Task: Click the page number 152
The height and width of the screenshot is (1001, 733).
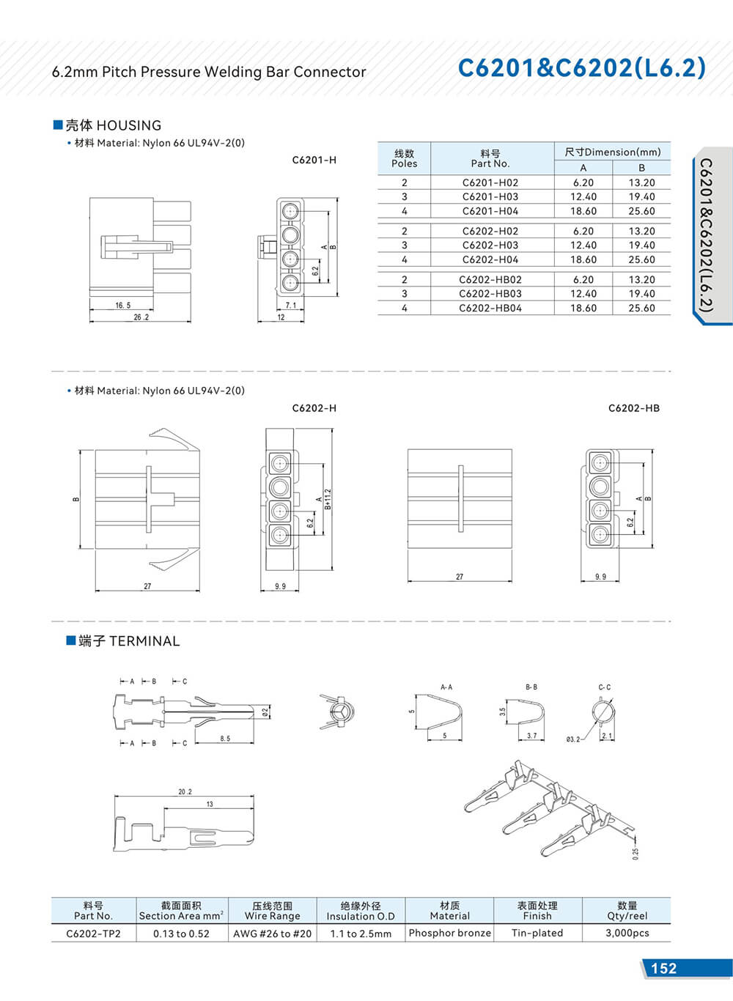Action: pos(663,968)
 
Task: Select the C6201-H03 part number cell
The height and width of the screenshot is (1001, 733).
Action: pos(490,196)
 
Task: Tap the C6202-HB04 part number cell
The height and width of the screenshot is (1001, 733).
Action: pos(490,308)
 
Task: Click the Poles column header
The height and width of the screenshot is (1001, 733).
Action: pos(404,158)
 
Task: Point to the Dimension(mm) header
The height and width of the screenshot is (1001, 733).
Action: pos(613,152)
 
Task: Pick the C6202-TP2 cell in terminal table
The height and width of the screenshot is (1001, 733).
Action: pos(93,934)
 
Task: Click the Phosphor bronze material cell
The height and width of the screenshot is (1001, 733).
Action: pos(449,933)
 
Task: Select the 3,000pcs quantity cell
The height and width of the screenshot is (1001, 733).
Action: pos(627,933)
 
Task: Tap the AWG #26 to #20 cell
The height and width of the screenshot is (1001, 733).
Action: pos(272,934)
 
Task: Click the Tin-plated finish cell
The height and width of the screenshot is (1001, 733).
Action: pos(537,933)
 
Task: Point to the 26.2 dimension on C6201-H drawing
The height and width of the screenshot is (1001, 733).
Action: pos(141,317)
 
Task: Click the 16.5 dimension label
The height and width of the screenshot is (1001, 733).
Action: pos(122,306)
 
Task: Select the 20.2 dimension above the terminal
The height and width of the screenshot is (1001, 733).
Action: pos(185,792)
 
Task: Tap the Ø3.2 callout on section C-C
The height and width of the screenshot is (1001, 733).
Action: pos(572,739)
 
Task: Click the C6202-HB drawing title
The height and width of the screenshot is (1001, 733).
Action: pos(633,408)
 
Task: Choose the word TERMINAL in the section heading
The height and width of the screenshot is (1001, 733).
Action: pos(144,641)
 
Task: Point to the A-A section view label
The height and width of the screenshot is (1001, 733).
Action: pos(446,687)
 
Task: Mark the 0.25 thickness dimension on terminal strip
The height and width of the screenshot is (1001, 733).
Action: pos(635,853)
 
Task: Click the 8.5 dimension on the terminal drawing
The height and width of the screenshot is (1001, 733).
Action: pos(225,739)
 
